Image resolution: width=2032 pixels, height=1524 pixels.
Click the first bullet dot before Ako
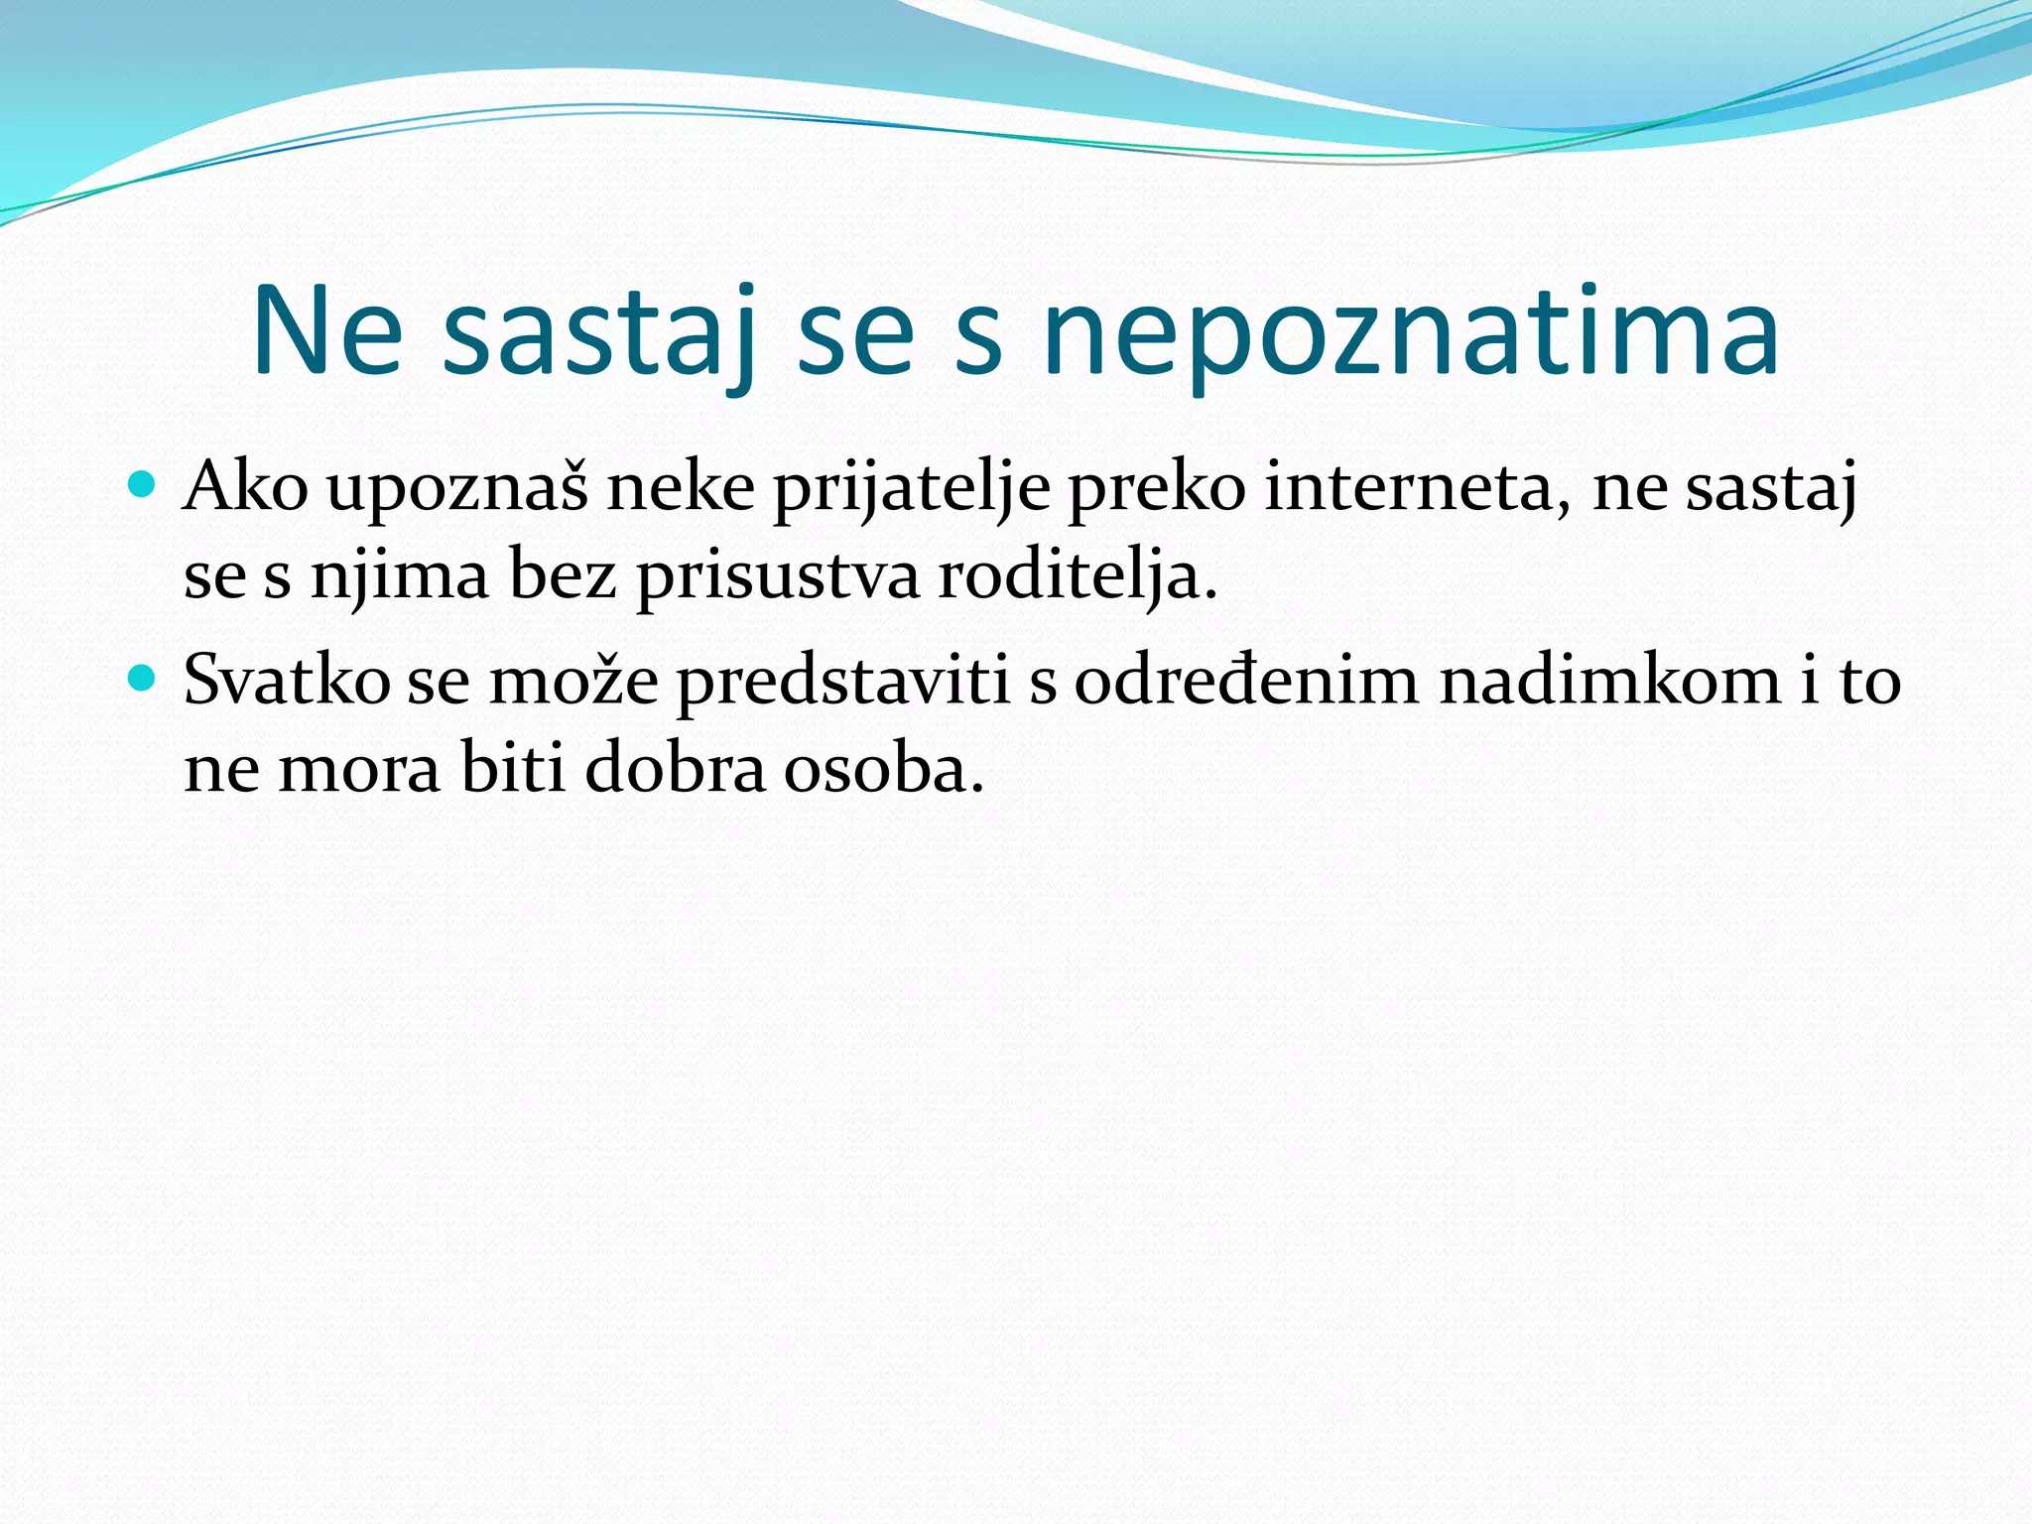pos(143,485)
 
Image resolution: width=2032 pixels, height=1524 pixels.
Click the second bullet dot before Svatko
pos(143,679)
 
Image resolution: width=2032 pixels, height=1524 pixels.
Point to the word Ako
pos(245,488)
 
